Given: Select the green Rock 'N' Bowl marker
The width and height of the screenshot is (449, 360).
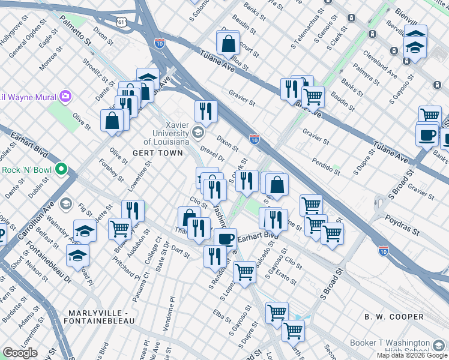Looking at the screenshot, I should click(x=61, y=170).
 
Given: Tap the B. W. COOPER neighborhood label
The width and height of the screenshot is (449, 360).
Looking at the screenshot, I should click(x=393, y=316).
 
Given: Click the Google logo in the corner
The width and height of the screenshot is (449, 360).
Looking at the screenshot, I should click(x=20, y=352).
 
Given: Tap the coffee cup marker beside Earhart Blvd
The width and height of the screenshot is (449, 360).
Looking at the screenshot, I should click(x=226, y=238).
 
